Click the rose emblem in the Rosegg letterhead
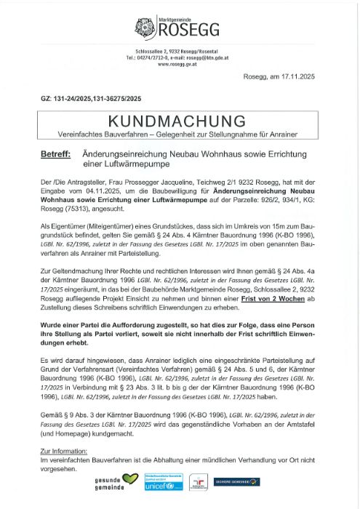pos(145,28)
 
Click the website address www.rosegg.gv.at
pos(180,64)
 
